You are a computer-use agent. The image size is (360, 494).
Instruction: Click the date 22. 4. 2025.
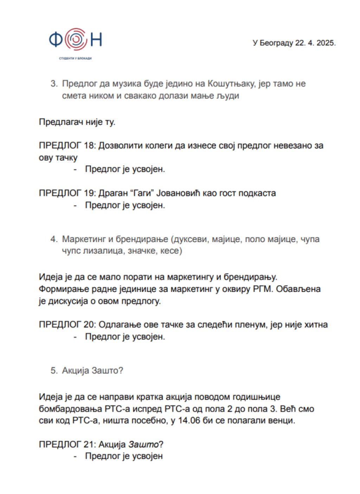pos(315,43)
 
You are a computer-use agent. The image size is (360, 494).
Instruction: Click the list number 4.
pos(53,239)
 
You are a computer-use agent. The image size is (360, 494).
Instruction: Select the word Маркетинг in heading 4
pos(84,239)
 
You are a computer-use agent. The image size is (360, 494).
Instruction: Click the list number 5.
pos(53,371)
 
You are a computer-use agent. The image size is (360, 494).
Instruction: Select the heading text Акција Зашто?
pos(92,371)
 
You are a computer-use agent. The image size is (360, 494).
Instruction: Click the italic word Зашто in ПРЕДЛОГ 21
pos(143,444)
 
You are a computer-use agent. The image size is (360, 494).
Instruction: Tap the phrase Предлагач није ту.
pos(77,122)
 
